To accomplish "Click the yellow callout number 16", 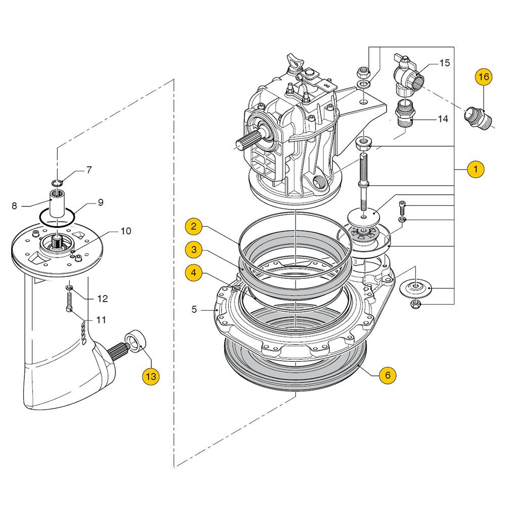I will pos(484,77).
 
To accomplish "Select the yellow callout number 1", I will pos(475,169).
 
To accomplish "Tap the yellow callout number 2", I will pos(193,227).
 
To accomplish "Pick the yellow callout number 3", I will pos(193,249).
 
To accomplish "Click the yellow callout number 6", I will pos(388,375).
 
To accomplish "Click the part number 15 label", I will pos(444,63).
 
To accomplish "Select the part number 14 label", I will pos(443,119).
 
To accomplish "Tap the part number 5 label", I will pos(194,309).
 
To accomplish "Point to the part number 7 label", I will pos(89,170).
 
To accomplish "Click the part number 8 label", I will pos(14,206).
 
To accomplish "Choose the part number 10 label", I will pos(125,231).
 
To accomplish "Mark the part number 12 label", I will pos(102,299).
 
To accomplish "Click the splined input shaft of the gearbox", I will pos(248,139).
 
